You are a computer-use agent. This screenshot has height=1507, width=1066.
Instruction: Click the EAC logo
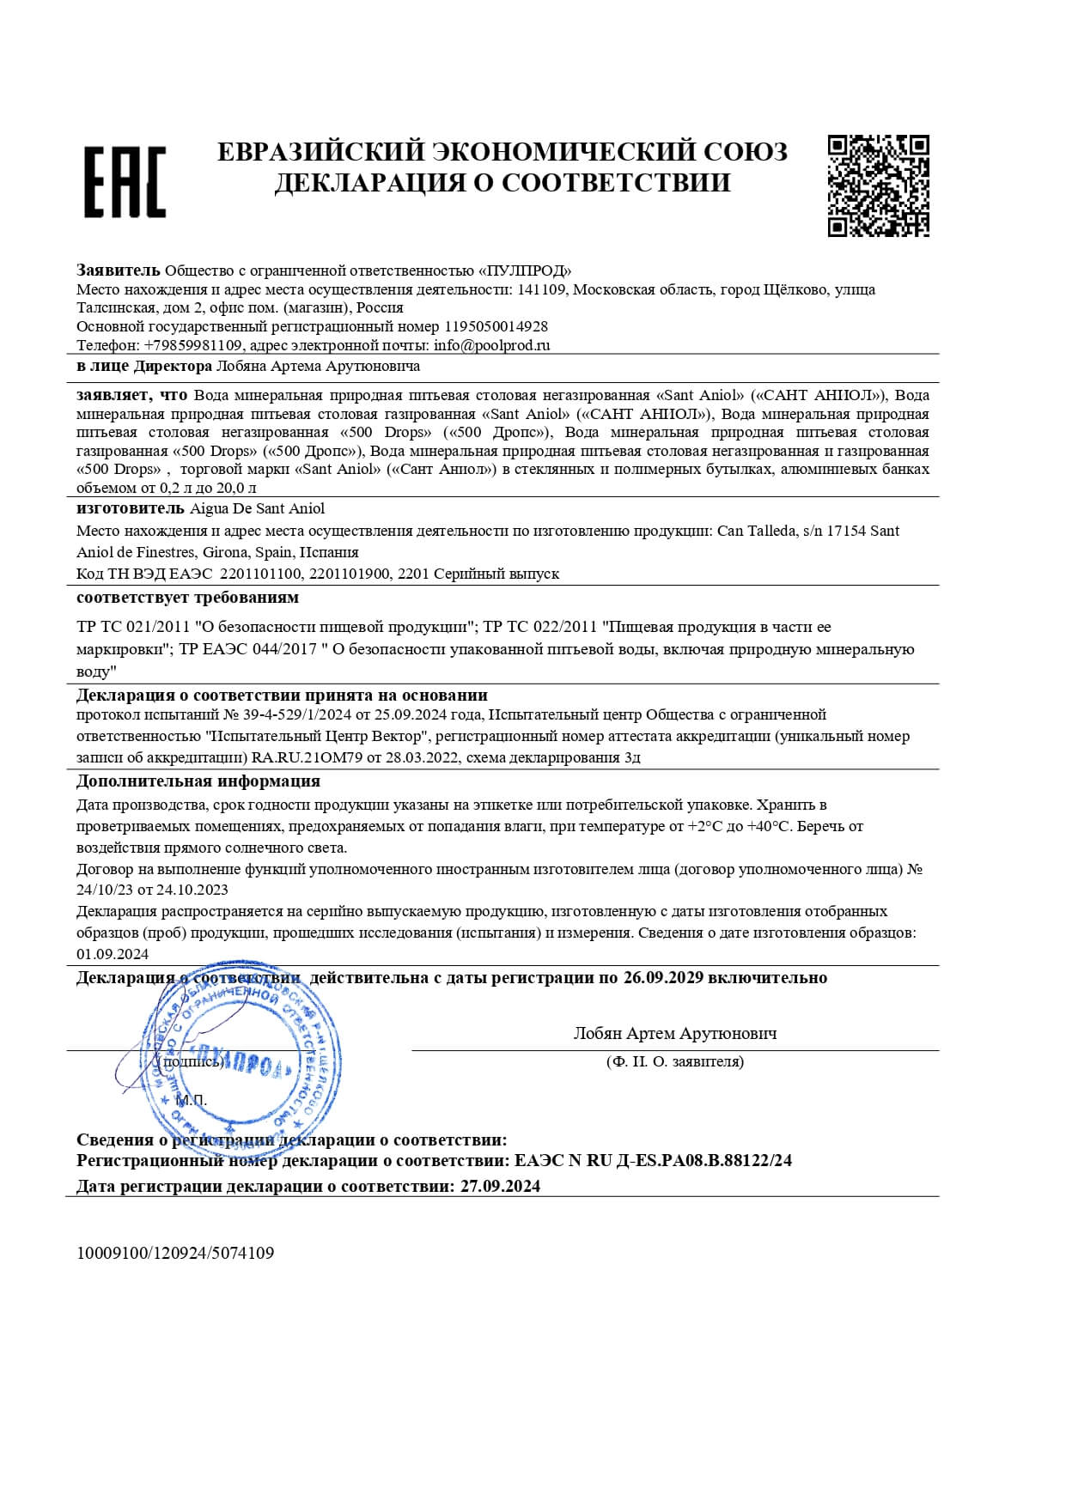click(125, 181)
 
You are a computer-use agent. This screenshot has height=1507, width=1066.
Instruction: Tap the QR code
click(878, 185)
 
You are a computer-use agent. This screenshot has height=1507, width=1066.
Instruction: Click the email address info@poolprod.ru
click(491, 345)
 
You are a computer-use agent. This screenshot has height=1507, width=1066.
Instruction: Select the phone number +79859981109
click(194, 345)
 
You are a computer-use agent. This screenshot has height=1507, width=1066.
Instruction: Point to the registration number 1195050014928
click(496, 326)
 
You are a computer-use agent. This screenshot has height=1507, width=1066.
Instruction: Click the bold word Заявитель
click(119, 270)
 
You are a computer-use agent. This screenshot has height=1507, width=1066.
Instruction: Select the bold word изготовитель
click(130, 509)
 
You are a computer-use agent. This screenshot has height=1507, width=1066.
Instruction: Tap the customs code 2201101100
click(261, 574)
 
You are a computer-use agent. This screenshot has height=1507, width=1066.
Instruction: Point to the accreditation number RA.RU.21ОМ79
click(308, 757)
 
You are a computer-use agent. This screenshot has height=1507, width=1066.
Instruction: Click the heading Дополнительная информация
click(198, 781)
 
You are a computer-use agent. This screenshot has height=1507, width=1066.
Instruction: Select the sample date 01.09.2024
click(113, 954)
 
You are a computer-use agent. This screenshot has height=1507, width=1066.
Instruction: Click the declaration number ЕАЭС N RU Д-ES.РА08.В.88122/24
click(653, 1161)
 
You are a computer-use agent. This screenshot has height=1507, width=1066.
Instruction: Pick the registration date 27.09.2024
click(500, 1187)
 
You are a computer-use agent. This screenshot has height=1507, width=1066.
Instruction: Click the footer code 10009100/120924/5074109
click(175, 1253)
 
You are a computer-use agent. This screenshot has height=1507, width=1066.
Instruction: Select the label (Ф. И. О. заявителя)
click(674, 1061)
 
